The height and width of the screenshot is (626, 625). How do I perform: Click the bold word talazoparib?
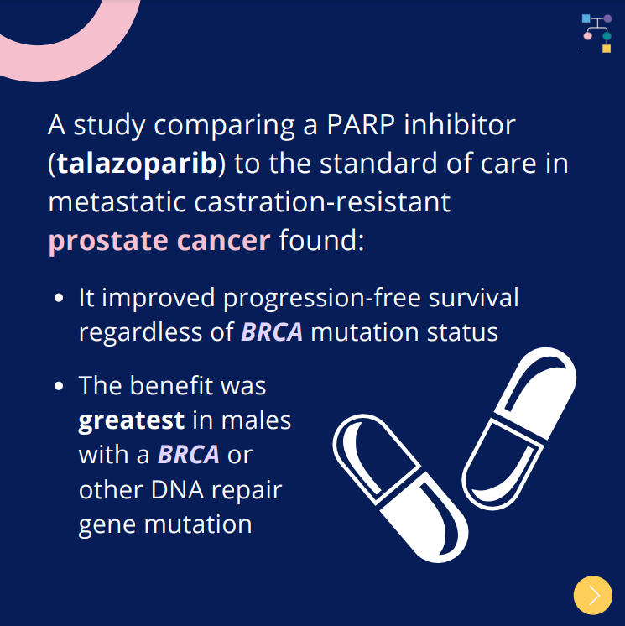138,164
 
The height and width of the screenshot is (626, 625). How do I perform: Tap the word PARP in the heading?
361,124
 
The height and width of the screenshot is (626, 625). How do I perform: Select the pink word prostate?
108,242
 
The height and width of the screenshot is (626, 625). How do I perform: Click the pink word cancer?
223,241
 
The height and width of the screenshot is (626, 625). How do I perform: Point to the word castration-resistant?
322,202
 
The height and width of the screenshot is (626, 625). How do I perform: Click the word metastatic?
117,202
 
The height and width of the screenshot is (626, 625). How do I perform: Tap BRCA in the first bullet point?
272,331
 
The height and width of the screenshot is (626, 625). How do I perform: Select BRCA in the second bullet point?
189,454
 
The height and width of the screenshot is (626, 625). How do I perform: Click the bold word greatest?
132,421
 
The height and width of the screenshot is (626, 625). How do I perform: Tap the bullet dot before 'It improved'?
59,298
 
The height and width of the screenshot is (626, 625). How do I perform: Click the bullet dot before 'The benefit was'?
59,386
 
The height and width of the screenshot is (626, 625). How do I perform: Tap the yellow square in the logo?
607,49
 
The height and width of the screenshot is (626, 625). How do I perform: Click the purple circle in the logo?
607,18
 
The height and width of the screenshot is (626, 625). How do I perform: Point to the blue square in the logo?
586,18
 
